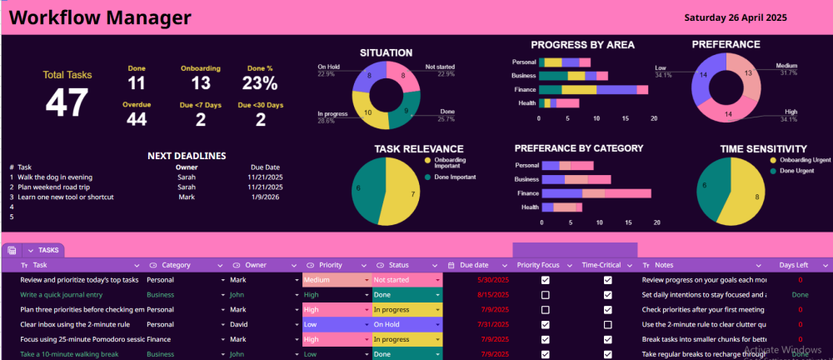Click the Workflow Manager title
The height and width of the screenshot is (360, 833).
(x=100, y=17)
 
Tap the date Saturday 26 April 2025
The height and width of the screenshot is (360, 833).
(x=735, y=17)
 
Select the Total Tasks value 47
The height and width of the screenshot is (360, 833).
(x=67, y=102)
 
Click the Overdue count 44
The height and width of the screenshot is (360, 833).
(x=137, y=120)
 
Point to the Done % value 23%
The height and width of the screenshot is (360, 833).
(x=259, y=83)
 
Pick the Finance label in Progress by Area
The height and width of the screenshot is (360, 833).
(x=525, y=89)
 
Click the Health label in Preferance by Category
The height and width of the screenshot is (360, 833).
(x=529, y=207)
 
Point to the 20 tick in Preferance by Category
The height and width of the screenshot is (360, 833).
(x=657, y=222)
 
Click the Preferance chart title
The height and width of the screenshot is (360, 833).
(x=726, y=44)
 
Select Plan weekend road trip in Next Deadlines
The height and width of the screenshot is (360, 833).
(x=54, y=187)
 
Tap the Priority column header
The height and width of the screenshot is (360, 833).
(x=331, y=265)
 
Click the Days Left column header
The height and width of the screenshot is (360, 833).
(x=793, y=265)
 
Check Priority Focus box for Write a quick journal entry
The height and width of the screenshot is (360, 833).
(x=546, y=295)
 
